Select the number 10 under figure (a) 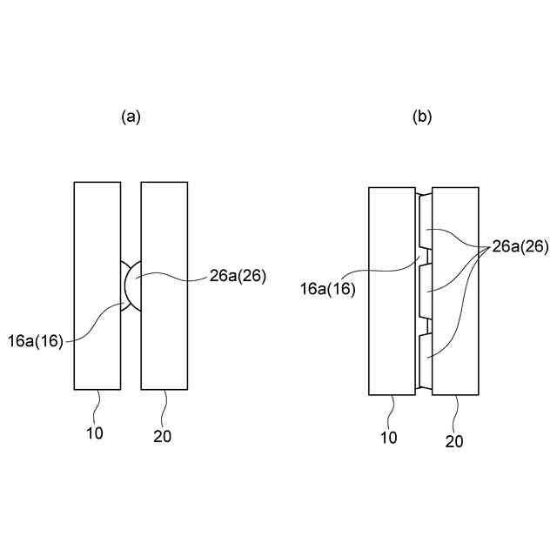click(x=95, y=433)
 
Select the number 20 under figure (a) click(x=161, y=435)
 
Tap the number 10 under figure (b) click(x=389, y=437)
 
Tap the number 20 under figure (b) click(x=454, y=441)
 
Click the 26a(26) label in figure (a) click(x=237, y=276)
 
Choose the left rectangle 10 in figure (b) click(x=393, y=291)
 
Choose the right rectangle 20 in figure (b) click(x=456, y=291)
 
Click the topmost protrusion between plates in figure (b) click(x=426, y=221)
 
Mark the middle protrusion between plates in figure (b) click(x=426, y=291)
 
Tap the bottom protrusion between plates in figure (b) click(x=426, y=361)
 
